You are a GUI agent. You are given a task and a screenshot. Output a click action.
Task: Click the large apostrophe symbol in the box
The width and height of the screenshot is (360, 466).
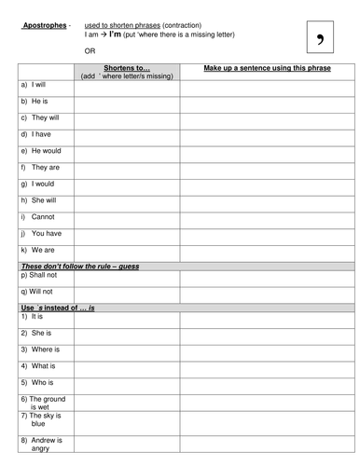click(x=321, y=39)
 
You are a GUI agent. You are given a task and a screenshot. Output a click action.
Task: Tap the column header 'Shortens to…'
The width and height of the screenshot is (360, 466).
click(x=128, y=68)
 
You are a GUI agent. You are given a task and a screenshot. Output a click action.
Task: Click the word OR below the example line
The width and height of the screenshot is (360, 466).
click(x=90, y=51)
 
